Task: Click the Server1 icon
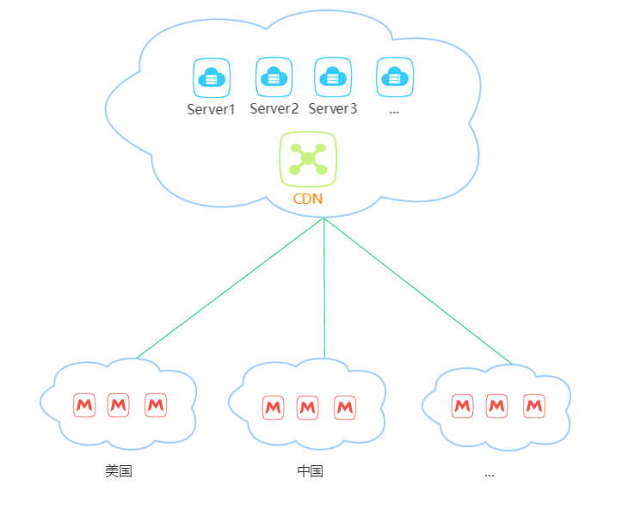pos(211,77)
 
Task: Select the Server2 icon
pos(274,77)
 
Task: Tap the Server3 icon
pos(332,77)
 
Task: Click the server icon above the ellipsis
pos(395,77)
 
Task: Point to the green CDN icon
pos(308,159)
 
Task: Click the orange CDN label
pos(308,199)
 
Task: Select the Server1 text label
pos(211,109)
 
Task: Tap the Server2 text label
pos(274,108)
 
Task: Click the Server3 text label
pos(332,108)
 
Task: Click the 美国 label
pos(119,470)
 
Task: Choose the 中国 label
pos(310,470)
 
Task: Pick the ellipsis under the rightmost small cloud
pos(489,473)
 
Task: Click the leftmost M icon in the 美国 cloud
pos(83,405)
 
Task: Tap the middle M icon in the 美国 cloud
pos(119,405)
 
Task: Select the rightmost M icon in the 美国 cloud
pos(155,405)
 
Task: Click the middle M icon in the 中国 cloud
pos(308,408)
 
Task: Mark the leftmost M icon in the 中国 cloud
pos(273,408)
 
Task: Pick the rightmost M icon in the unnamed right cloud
pos(534,405)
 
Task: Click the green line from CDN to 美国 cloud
pos(230,288)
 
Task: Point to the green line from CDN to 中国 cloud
pos(324,288)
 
